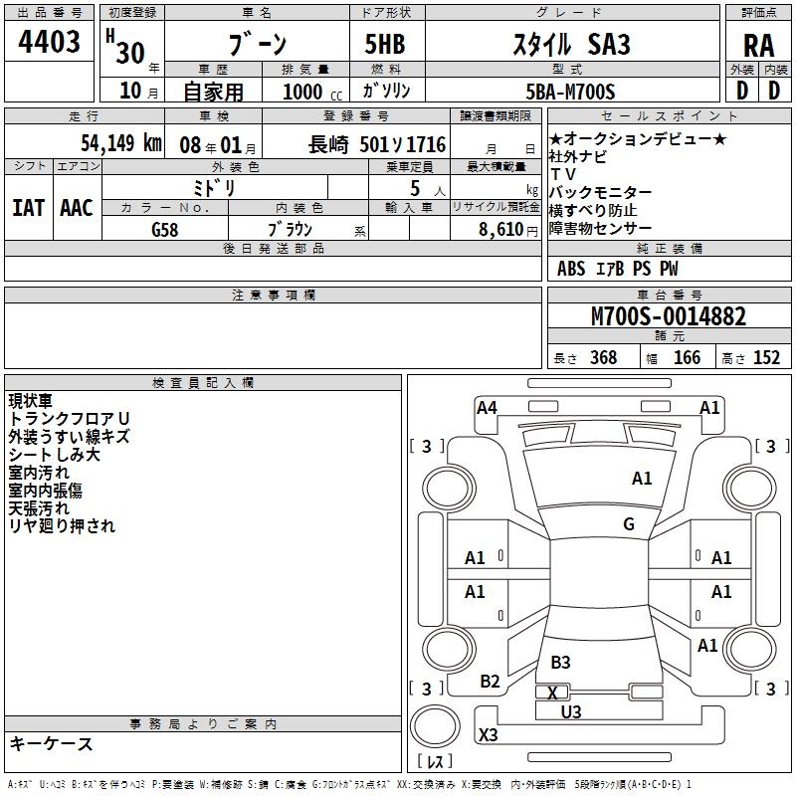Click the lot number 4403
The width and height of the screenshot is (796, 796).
click(49, 44)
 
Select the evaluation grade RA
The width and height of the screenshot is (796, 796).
click(758, 46)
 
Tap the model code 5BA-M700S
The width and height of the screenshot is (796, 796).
click(570, 92)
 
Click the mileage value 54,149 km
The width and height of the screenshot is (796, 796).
click(108, 143)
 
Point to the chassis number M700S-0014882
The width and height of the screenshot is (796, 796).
click(668, 317)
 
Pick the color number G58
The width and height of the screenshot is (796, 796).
click(165, 229)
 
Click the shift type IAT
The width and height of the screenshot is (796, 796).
click(28, 208)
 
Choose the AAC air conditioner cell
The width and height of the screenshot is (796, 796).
click(77, 208)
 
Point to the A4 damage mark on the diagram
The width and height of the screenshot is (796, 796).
click(487, 407)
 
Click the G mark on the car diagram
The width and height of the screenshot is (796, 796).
click(629, 524)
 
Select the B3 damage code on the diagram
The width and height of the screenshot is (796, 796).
click(560, 662)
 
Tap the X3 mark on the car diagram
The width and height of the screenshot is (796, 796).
click(489, 735)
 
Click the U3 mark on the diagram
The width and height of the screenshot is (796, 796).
click(571, 711)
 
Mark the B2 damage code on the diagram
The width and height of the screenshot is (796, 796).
click(490, 682)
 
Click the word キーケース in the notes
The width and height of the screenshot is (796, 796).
click(51, 744)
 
